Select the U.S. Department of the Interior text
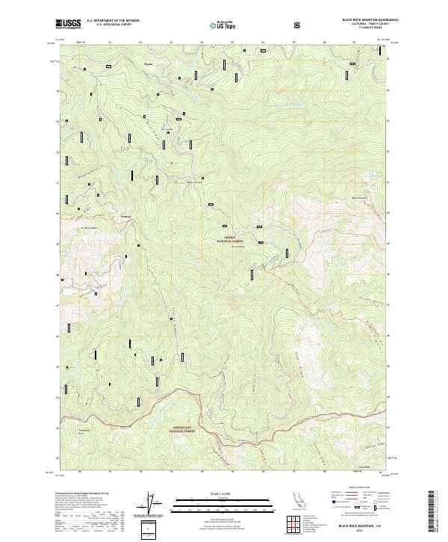click(x=113, y=20)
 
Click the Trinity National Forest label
click(x=230, y=241)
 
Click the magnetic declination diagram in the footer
click(x=152, y=502)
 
